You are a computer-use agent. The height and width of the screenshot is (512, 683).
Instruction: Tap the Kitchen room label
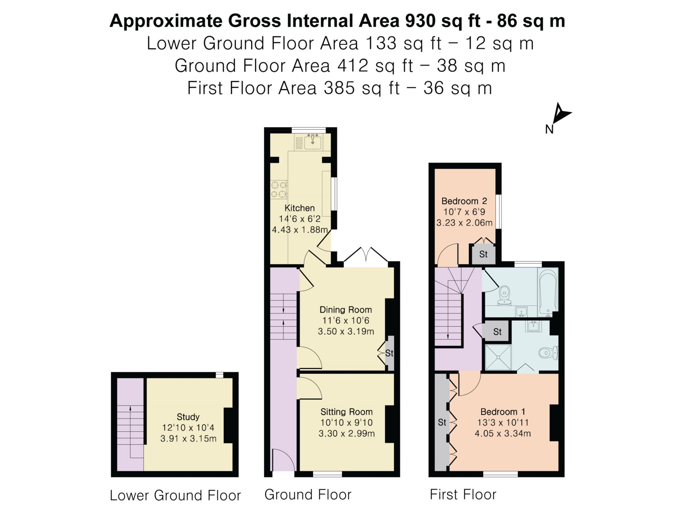click(x=299, y=208)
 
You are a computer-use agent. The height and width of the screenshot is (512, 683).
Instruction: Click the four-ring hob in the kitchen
click(x=279, y=189)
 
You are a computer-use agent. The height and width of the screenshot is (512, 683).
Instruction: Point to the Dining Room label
click(x=346, y=310)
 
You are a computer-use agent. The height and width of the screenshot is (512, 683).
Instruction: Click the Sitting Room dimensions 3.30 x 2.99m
click(x=347, y=433)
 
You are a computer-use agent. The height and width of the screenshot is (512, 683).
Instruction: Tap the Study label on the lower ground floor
click(x=188, y=417)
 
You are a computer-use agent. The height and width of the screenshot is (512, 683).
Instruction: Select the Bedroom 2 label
click(x=464, y=201)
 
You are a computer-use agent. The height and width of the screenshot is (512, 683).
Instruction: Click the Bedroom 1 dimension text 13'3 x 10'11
click(x=503, y=422)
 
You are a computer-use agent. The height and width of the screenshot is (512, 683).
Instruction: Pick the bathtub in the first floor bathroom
click(x=548, y=292)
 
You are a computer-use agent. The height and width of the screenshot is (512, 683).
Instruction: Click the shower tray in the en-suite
click(x=498, y=357)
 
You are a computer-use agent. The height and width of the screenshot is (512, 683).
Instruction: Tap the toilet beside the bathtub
click(x=504, y=295)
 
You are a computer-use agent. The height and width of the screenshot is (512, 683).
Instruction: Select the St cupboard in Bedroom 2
click(x=483, y=254)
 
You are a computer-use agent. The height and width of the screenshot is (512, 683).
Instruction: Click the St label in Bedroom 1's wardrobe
click(x=442, y=422)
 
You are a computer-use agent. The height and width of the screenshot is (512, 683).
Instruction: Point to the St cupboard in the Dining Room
click(x=390, y=353)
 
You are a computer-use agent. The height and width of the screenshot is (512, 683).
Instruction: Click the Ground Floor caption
click(x=308, y=495)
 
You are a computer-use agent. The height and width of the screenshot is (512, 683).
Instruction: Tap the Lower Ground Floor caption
click(x=175, y=495)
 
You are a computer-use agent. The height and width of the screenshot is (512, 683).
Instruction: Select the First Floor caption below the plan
click(x=463, y=494)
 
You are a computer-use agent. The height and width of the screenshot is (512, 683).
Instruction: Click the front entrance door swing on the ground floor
click(x=283, y=460)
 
